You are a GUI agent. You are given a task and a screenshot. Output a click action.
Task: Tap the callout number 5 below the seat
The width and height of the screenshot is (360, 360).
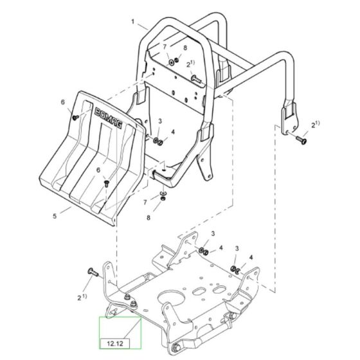[55, 217]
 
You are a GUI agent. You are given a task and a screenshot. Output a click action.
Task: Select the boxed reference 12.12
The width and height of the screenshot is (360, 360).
[111, 345]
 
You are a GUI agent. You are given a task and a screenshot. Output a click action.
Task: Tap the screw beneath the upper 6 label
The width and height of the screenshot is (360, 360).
[75, 117]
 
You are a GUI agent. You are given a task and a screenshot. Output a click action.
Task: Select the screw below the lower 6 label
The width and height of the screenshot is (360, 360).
[107, 183]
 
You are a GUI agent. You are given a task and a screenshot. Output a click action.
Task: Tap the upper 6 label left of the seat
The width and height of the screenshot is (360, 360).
[63, 102]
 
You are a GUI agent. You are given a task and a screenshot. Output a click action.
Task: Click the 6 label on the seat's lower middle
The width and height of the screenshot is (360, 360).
[98, 170]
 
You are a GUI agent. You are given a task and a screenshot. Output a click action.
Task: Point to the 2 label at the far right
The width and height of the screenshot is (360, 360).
[314, 123]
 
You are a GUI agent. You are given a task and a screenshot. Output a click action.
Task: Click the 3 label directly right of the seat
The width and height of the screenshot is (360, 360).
[159, 120]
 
